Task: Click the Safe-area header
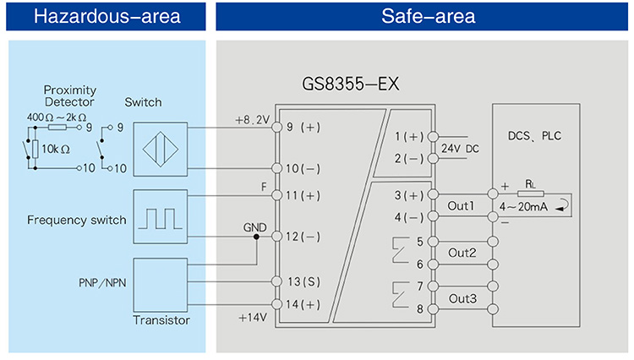point(424,16)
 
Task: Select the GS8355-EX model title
point(350,85)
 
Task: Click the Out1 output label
point(462,205)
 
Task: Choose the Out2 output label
point(462,253)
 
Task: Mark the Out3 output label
point(462,297)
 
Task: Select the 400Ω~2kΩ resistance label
point(57,116)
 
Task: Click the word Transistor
point(161,320)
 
